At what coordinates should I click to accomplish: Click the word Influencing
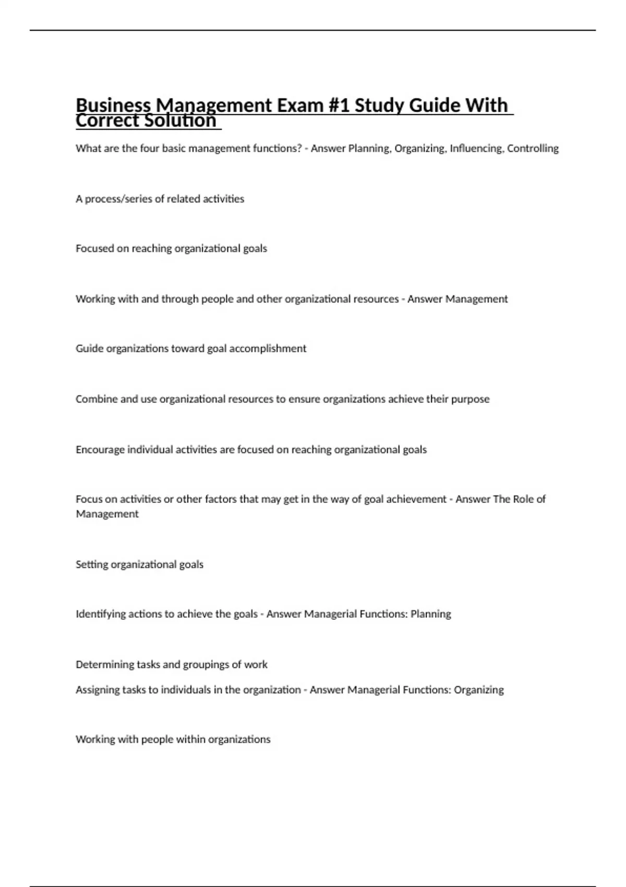click(477, 148)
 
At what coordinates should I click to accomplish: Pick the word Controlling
click(533, 148)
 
